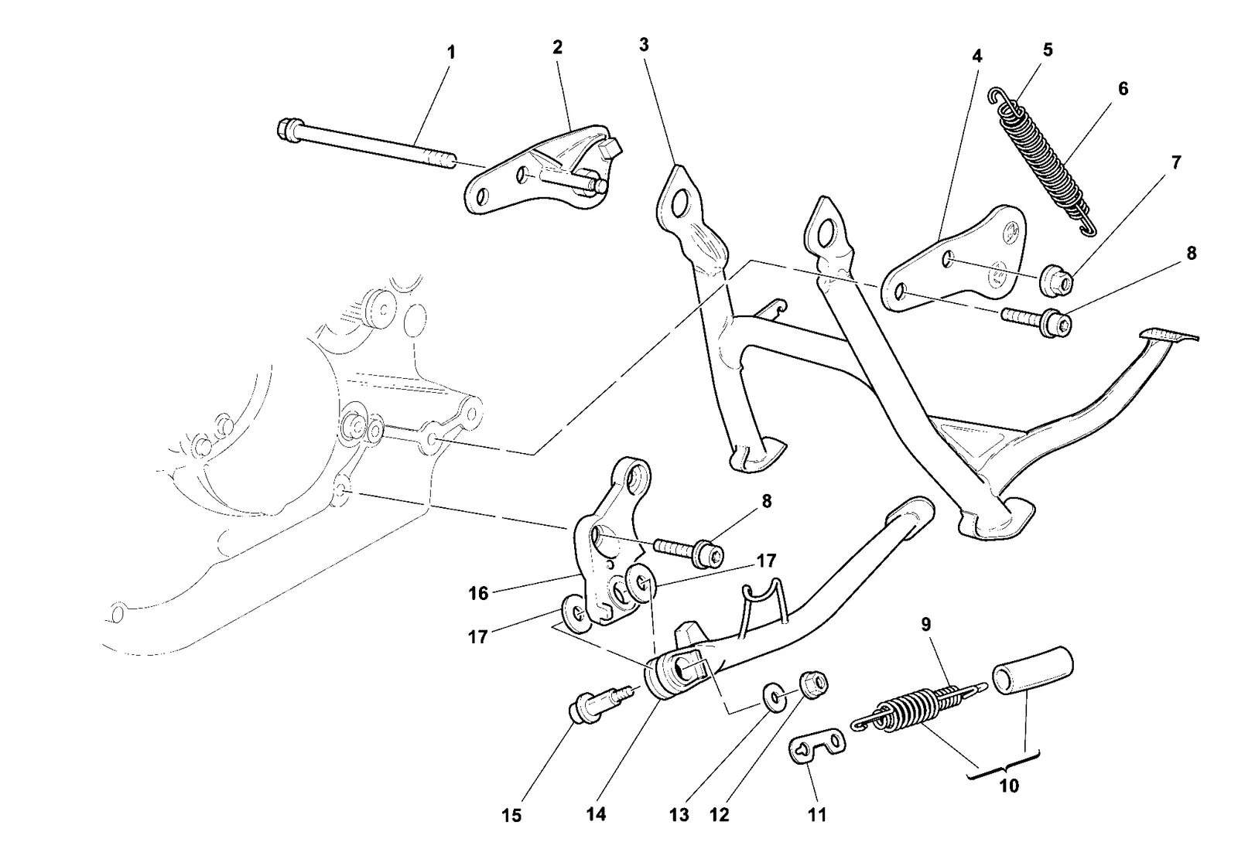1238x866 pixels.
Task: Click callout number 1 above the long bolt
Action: coord(451,53)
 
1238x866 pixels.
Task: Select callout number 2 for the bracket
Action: coord(557,47)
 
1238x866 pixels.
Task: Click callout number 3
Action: coord(643,45)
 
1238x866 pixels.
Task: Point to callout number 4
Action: coord(977,56)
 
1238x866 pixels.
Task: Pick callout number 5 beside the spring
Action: coord(1048,49)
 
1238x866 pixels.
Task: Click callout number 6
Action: coord(1123,88)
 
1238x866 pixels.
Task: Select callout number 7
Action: coord(1176,162)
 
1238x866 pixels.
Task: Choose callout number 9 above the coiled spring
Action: coord(925,625)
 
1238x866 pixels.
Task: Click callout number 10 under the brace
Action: coord(1009,786)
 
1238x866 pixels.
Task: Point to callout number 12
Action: coord(720,815)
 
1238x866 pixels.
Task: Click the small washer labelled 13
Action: coord(776,698)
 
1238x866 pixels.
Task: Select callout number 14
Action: coord(597,814)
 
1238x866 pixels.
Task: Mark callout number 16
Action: coord(479,594)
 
